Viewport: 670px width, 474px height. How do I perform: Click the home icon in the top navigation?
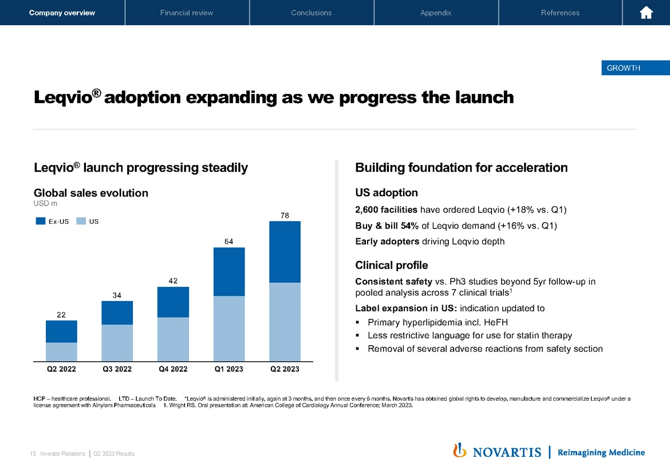[x=646, y=13]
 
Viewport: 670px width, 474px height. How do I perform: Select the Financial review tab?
[x=187, y=13]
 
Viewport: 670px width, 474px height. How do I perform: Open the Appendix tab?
[x=436, y=13]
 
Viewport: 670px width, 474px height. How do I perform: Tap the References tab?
[x=560, y=13]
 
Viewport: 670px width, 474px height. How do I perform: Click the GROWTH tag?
[x=623, y=68]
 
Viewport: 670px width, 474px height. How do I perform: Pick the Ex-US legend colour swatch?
[x=41, y=221]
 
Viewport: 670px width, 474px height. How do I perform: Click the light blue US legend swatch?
[x=81, y=221]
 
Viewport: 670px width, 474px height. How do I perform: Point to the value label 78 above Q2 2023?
[x=285, y=215]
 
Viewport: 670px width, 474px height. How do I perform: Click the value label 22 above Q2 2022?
[x=61, y=314]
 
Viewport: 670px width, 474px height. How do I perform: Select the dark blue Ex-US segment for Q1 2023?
[x=228, y=271]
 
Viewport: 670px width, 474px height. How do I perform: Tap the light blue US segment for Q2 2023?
[x=285, y=322]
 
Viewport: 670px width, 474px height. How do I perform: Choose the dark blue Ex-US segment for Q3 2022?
[x=117, y=313]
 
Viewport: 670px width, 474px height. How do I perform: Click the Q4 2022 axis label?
[x=173, y=369]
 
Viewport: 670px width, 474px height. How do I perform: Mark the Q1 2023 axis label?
[x=228, y=369]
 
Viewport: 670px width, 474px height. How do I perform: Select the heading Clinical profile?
[x=392, y=265]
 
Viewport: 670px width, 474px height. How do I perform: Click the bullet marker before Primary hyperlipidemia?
[x=358, y=322]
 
